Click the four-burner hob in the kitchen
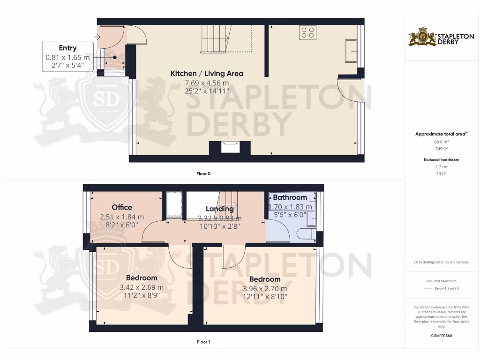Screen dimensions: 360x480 tap(307, 32)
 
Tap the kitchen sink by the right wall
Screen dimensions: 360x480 tap(351, 51)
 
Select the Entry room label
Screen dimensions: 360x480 tap(67, 48)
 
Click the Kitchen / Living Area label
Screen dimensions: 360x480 tap(207, 73)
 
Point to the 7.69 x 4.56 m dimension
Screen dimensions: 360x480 tap(207, 83)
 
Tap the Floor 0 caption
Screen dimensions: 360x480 tap(203, 173)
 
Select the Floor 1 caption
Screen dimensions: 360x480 tap(203, 342)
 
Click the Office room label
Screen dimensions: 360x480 tap(122, 207)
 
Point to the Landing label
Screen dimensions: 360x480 tap(220, 209)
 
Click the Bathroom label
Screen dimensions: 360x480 tap(290, 197)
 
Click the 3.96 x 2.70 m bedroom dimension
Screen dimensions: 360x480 tap(265, 289)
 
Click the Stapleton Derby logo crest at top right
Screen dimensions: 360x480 tap(422, 37)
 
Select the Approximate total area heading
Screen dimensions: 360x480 tap(441, 134)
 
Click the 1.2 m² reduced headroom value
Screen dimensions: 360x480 tap(441, 166)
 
